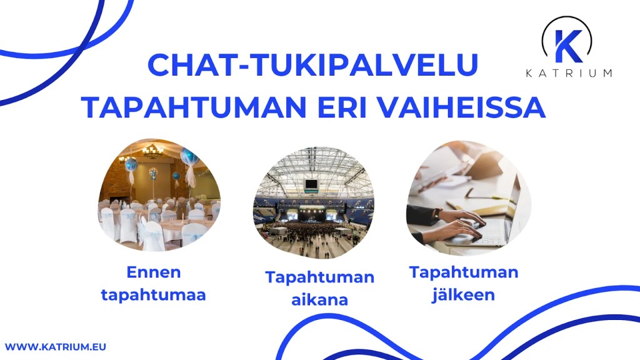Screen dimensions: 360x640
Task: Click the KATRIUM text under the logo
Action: point(567,73)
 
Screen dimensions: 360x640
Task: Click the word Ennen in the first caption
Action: point(153,272)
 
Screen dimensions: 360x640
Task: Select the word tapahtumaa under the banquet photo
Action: point(153,294)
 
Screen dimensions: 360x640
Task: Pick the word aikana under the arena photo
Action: point(319,299)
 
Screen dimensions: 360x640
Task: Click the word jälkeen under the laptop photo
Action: point(463,294)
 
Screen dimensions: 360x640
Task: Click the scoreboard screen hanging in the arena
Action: point(311,185)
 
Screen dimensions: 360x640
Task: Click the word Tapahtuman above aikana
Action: point(319,277)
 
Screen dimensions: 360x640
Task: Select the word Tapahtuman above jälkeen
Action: point(463,272)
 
